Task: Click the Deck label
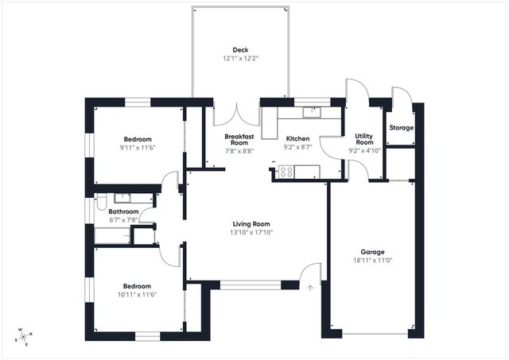[x=239, y=48]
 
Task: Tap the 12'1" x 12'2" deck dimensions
[x=239, y=59]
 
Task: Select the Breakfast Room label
[x=239, y=140]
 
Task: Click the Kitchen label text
[x=298, y=137]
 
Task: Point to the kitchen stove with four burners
[x=286, y=171]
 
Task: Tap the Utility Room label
[x=364, y=139]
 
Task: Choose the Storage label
[x=401, y=128]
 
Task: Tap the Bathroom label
[x=124, y=211]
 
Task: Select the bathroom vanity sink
[x=122, y=198]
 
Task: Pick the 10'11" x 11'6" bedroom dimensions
[x=136, y=295]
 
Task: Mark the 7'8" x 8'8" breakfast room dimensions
[x=239, y=150]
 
